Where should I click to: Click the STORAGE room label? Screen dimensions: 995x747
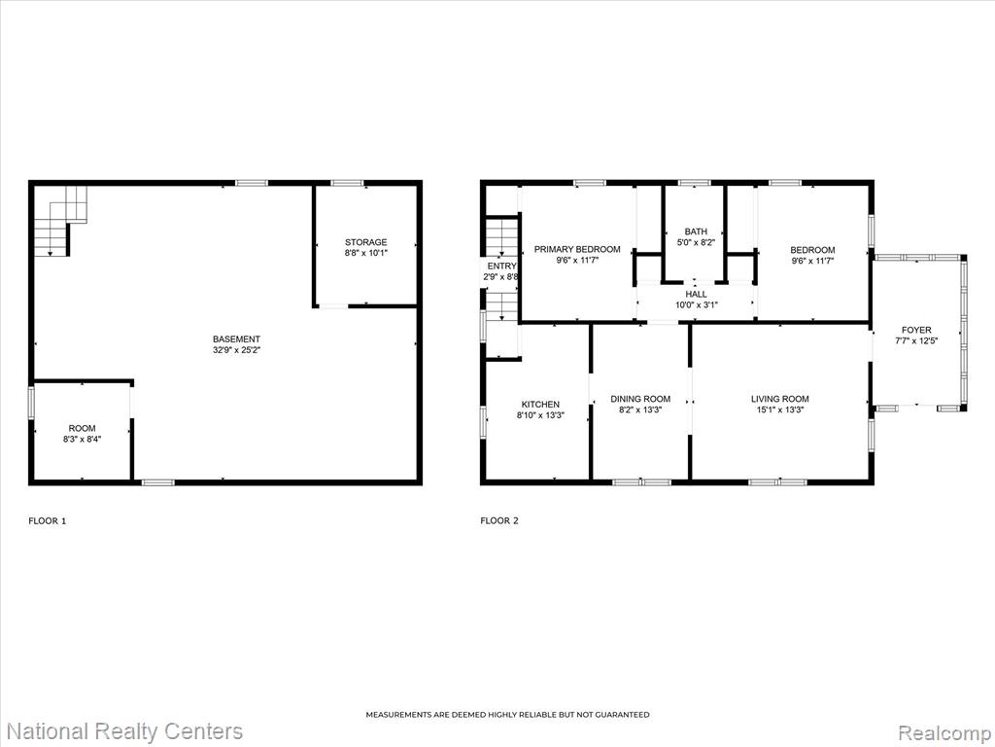pyautogui.click(x=365, y=242)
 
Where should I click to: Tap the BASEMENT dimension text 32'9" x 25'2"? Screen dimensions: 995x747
pyautogui.click(x=237, y=350)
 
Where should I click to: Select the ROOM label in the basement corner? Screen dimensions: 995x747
pyautogui.click(x=82, y=428)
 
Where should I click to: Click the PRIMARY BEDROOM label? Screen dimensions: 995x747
pyautogui.click(x=577, y=249)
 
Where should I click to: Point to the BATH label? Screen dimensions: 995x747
pyautogui.click(x=696, y=231)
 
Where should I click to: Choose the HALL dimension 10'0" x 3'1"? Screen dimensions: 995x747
pyautogui.click(x=696, y=304)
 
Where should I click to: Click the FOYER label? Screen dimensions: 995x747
pyautogui.click(x=916, y=330)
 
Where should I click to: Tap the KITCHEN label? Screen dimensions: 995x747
pyautogui.click(x=540, y=404)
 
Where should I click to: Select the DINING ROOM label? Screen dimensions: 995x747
pyautogui.click(x=640, y=399)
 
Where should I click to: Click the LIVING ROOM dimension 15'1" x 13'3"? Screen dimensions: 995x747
pyautogui.click(x=780, y=409)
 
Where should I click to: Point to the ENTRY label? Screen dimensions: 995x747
pyautogui.click(x=502, y=267)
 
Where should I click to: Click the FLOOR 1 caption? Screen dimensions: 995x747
pyautogui.click(x=48, y=521)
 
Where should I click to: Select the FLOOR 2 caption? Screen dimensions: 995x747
pyautogui.click(x=499, y=521)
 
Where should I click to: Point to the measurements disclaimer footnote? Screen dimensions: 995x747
pyautogui.click(x=507, y=715)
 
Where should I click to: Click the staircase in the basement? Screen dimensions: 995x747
pyautogui.click(x=59, y=221)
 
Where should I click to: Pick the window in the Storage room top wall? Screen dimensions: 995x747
pyautogui.click(x=348, y=183)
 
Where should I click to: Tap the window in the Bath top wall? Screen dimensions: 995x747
pyautogui.click(x=694, y=183)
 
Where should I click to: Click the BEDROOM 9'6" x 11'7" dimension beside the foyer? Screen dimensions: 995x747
pyautogui.click(x=812, y=261)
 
